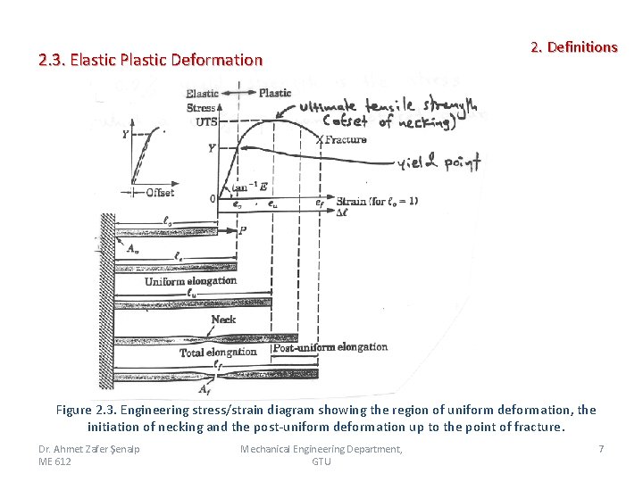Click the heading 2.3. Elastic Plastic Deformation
tap(151, 61)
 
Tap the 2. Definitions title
tap(573, 46)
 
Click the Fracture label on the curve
tap(345, 139)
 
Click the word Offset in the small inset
tap(159, 192)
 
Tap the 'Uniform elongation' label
tap(191, 281)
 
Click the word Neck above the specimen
tap(223, 320)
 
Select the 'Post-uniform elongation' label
tap(330, 347)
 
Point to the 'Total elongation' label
tap(218, 353)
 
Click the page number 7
tap(601, 448)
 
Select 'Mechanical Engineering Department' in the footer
tap(321, 448)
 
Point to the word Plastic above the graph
tap(275, 93)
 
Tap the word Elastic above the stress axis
tap(203, 94)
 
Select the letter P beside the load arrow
tap(243, 229)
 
